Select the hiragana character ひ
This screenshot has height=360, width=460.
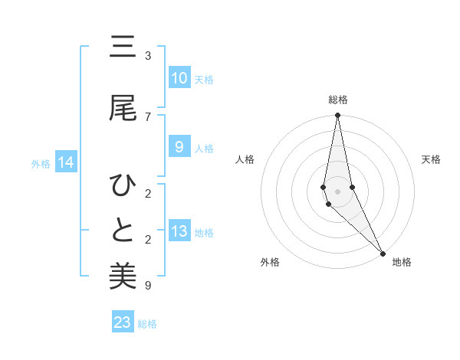click(x=123, y=186)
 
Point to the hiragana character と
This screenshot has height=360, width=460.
click(x=123, y=230)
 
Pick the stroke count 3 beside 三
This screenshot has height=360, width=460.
click(x=147, y=56)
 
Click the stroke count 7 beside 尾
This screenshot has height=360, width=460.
click(x=147, y=116)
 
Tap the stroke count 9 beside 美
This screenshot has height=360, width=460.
click(x=147, y=286)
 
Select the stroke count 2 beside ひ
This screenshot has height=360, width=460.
click(x=147, y=193)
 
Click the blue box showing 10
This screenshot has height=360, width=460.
click(x=179, y=78)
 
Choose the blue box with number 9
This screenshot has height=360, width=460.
click(x=179, y=147)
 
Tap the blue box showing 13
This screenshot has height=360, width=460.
click(x=179, y=232)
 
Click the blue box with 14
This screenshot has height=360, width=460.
click(x=66, y=162)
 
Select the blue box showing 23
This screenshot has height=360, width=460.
click(x=123, y=322)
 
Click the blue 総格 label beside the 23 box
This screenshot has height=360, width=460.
click(x=147, y=324)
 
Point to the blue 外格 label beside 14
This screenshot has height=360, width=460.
click(x=41, y=163)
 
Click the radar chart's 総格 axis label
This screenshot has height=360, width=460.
click(x=337, y=100)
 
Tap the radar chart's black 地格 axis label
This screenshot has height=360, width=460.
click(x=402, y=262)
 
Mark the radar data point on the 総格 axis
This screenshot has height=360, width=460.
click(x=337, y=116)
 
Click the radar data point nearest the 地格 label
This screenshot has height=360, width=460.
click(x=383, y=253)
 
